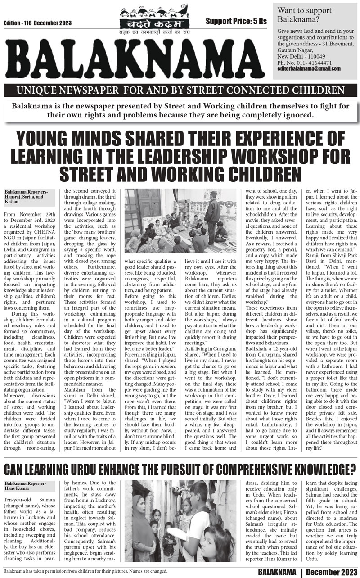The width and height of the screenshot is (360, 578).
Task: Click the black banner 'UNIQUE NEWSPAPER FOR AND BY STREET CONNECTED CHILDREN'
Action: coord(180,90)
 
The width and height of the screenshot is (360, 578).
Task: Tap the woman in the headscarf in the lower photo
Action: coord(136,524)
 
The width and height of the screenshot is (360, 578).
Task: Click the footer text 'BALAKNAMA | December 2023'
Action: coord(308,572)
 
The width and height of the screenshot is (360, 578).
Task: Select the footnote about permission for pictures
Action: coord(85,571)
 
